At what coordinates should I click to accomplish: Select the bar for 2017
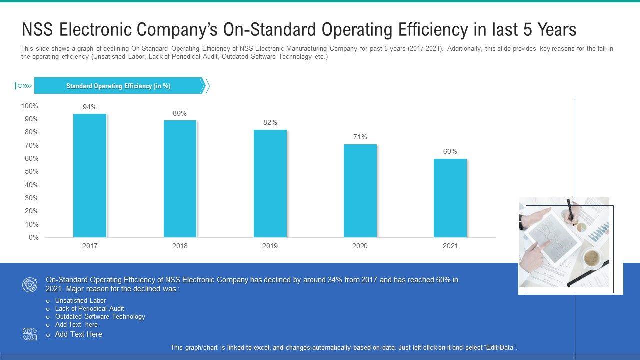(x=90, y=175)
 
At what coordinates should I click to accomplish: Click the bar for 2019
(x=270, y=183)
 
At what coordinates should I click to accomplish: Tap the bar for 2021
(x=450, y=198)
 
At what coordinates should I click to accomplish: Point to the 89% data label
(x=180, y=113)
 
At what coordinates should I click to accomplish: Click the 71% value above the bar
(x=360, y=137)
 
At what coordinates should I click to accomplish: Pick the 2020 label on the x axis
(x=360, y=246)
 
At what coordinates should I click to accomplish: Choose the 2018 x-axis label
(x=180, y=246)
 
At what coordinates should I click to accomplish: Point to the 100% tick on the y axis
(x=29, y=106)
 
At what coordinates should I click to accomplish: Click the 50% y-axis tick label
(x=31, y=171)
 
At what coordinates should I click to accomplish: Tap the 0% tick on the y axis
(x=33, y=237)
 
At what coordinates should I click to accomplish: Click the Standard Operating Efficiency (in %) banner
(x=118, y=86)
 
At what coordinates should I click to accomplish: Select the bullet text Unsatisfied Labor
(x=80, y=301)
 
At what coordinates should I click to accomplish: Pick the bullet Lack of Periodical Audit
(x=89, y=309)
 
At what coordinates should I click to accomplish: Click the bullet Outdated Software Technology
(x=100, y=317)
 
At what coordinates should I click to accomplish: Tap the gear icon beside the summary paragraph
(x=30, y=285)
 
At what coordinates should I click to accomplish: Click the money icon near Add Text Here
(x=30, y=334)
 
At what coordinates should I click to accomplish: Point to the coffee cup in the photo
(x=592, y=258)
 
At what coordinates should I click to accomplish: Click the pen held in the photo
(x=569, y=209)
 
